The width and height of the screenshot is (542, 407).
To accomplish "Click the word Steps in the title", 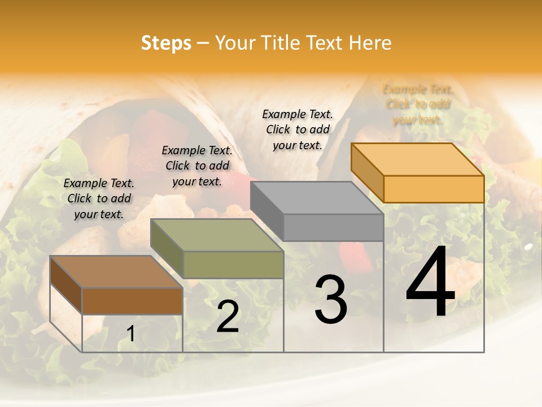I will (166, 43).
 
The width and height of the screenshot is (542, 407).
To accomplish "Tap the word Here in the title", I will (370, 43).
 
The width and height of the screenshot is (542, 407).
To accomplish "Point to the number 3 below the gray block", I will (330, 300).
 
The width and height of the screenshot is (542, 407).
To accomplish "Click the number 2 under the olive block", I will (228, 317).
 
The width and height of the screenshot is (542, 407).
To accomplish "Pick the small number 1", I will (130, 334).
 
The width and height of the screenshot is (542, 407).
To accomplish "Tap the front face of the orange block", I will (434, 189).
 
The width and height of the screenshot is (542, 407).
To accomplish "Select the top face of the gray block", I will (317, 198).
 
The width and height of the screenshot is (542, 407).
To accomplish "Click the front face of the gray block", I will (333, 228).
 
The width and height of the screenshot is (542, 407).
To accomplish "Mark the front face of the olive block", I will (233, 265).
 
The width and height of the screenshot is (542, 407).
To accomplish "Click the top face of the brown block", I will (116, 272).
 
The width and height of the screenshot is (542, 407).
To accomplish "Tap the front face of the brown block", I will (132, 301).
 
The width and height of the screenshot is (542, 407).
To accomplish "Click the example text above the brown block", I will (99, 198).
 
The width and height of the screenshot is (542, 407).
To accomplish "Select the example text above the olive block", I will (197, 166).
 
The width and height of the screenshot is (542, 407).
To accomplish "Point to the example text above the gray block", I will (298, 129).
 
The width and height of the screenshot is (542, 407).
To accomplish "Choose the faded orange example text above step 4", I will (418, 104).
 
